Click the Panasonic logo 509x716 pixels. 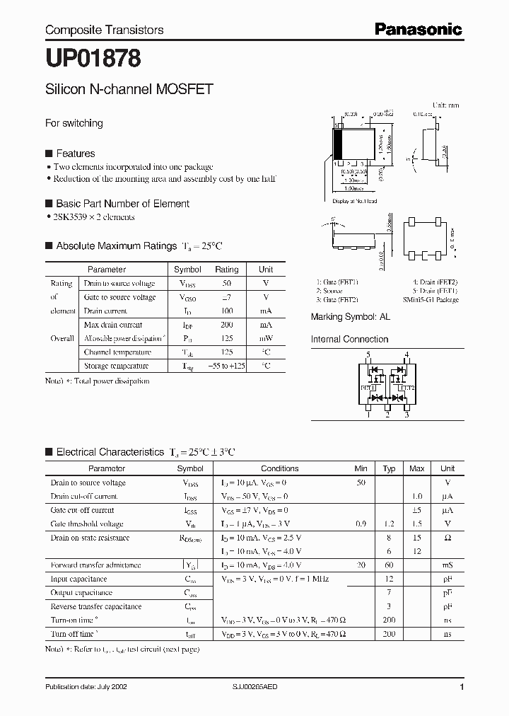[x=418, y=29]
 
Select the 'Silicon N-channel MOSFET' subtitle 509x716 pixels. [x=129, y=90]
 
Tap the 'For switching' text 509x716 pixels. [x=74, y=123]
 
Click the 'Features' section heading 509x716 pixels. [x=75, y=154]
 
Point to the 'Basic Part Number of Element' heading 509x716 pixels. [x=122, y=204]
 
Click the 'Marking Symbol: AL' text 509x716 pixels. [x=350, y=317]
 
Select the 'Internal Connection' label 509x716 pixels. [x=349, y=339]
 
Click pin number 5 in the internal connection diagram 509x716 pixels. [x=368, y=354]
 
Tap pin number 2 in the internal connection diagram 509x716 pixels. [x=387, y=415]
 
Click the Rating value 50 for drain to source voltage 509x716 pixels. [x=226, y=283]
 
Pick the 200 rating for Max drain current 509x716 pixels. [x=226, y=325]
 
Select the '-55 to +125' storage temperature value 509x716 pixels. [x=226, y=366]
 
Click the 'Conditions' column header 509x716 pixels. [x=280, y=468]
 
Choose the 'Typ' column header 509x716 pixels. [x=389, y=468]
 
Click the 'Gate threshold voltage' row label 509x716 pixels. [x=87, y=524]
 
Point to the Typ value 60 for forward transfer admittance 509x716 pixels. [x=389, y=565]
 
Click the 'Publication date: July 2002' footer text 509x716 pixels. [x=86, y=687]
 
